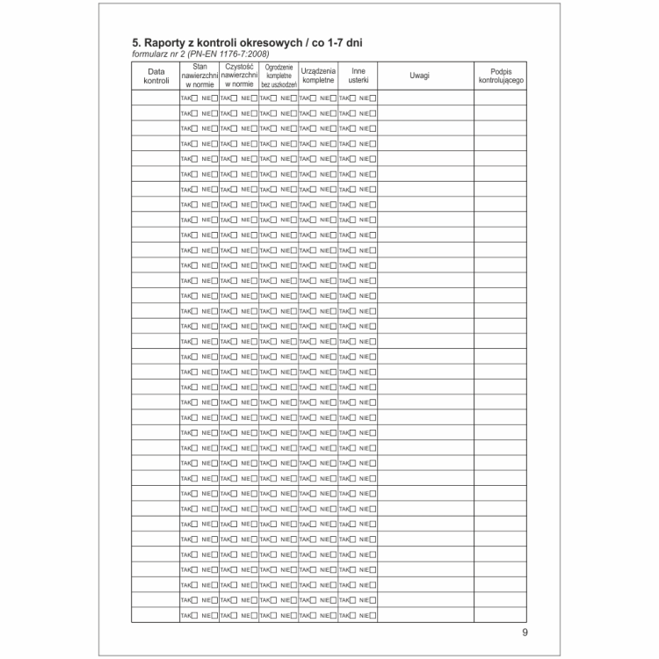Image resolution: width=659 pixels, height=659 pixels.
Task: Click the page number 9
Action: coord(525,633)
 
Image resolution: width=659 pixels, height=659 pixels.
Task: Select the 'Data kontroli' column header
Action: coord(156,76)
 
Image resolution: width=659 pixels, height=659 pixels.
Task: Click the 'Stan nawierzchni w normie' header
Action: coord(199,76)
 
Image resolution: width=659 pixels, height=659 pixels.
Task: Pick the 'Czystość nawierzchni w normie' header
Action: coord(238,76)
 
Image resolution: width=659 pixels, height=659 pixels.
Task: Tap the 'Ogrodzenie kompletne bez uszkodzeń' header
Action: coord(278,76)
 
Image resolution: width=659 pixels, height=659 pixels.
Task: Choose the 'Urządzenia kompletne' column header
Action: coord(318,76)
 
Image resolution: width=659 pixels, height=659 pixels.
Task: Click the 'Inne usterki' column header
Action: coord(358,76)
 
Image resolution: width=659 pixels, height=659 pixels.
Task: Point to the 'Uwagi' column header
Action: coord(420,76)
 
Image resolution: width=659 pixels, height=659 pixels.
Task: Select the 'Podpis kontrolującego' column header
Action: coord(501,76)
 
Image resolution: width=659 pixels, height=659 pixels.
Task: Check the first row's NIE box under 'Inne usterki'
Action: coord(373,98)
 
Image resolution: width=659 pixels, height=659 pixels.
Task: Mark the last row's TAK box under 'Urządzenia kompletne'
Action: coord(313,615)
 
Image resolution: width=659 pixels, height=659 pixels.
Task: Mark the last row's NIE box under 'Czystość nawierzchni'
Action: coord(254,615)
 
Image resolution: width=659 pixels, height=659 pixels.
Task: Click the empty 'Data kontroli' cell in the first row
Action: coord(156,98)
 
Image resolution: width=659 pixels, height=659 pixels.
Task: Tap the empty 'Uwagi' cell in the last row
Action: coord(425,615)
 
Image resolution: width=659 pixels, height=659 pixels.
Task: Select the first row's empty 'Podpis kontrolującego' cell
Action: coord(501,98)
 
